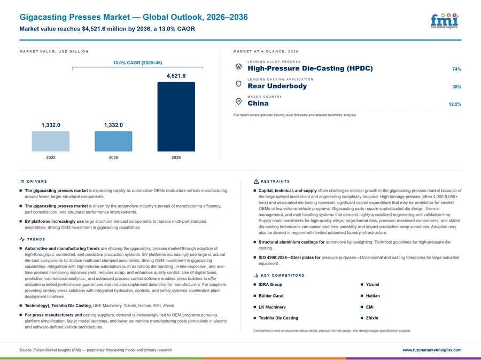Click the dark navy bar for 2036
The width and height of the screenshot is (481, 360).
tap(176, 116)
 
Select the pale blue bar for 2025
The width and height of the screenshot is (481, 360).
tap(51, 142)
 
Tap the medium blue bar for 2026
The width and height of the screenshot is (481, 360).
tap(113, 142)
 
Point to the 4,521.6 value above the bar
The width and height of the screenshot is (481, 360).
tap(176, 76)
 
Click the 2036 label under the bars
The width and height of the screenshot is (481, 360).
tap(176, 158)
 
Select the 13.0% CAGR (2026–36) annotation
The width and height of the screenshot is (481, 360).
tap(137, 62)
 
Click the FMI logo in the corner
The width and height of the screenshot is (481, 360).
tap(445, 20)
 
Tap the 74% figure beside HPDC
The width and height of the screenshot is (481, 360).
tap(456, 69)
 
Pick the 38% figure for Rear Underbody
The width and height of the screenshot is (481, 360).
tap(456, 87)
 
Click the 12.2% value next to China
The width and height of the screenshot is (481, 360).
tap(455, 104)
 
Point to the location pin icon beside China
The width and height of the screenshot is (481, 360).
tap(238, 101)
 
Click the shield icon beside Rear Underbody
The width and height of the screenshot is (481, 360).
tap(238, 84)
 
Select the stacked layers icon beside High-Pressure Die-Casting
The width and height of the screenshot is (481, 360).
tap(238, 67)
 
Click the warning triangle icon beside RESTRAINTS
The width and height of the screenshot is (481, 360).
tap(256, 182)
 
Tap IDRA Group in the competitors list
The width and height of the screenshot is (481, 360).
tap(270, 285)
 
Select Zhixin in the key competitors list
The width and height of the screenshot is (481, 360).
tap(372, 318)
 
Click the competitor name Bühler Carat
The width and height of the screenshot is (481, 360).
tap(271, 296)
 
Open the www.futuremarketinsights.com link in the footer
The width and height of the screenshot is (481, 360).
tap(432, 350)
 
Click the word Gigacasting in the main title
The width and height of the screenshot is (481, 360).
tap(43, 17)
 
